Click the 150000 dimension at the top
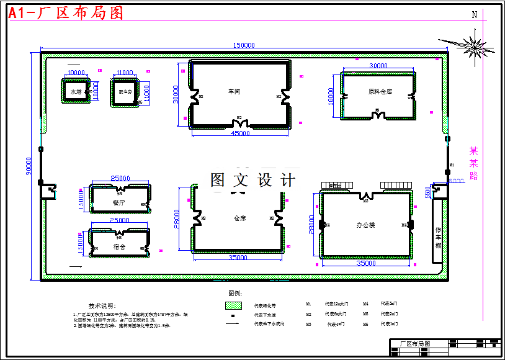[244, 45]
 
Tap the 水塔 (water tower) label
[76, 92]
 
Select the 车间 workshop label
[234, 92]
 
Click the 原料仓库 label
[380, 92]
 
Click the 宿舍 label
[119, 246]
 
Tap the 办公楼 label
[365, 225]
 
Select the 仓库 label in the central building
[239, 218]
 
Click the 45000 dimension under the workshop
[240, 133]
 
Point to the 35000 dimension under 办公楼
[365, 264]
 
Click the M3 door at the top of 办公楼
[365, 200]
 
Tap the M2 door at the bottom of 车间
[239, 118]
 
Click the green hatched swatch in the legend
[233, 305]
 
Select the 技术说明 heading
[102, 306]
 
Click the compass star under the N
[475, 45]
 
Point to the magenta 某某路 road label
[474, 163]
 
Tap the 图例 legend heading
[235, 293]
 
